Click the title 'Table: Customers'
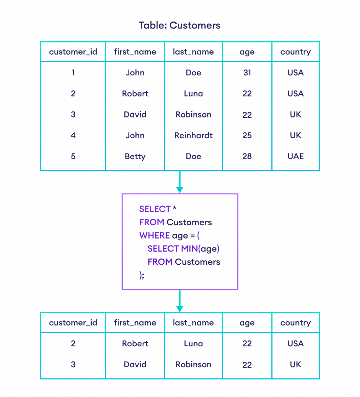pos(179,25)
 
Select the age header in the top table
pos(247,52)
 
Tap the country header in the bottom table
pos(295,323)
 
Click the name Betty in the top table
pos(135,156)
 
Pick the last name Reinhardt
pos(194,135)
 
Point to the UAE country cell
pos(295,156)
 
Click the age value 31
pos(247,73)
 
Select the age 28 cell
pos(247,156)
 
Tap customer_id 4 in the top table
pos(73,135)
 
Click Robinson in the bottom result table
pos(194,365)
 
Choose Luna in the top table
pos(194,94)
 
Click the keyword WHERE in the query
pos(155,236)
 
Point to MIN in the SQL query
pos(189,249)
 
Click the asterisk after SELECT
pos(175,209)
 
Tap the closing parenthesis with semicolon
pos(142,275)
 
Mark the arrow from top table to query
pos(180,182)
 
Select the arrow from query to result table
pos(180,301)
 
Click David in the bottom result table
pos(135,365)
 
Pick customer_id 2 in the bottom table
pos(73,344)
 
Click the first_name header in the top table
pos(135,52)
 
